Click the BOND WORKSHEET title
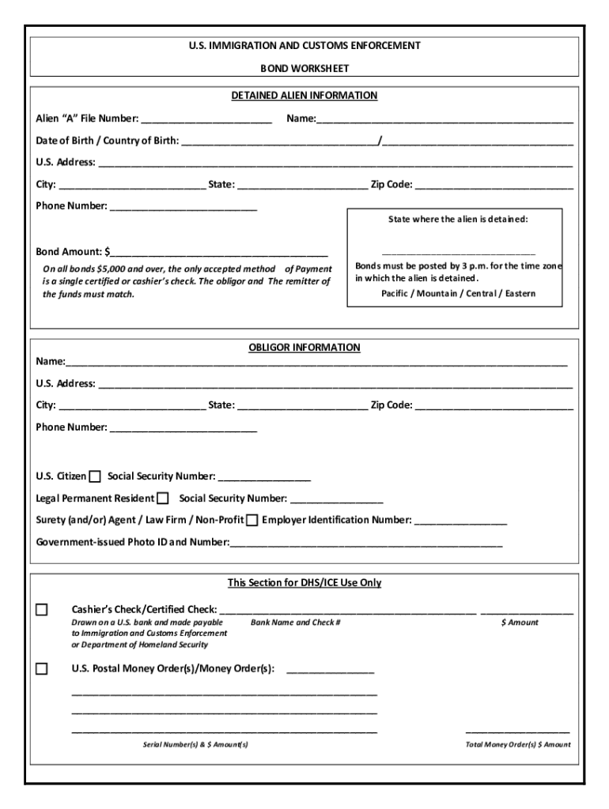[x=304, y=69]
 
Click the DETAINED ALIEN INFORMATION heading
[x=304, y=96]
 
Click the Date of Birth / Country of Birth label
[x=107, y=141]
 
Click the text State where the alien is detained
[x=457, y=219]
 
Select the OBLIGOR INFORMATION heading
[x=304, y=347]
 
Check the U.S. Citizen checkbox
[x=95, y=476]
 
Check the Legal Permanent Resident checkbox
[x=163, y=499]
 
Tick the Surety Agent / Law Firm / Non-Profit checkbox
[x=252, y=521]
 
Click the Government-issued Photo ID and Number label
[x=133, y=543]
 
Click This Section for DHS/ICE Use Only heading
[x=304, y=583]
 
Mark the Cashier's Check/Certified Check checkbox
[x=42, y=609]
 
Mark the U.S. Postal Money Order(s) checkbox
[x=42, y=668]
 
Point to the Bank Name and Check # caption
[x=295, y=623]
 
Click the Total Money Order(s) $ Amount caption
[x=517, y=744]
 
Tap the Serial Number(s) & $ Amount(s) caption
[x=195, y=744]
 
